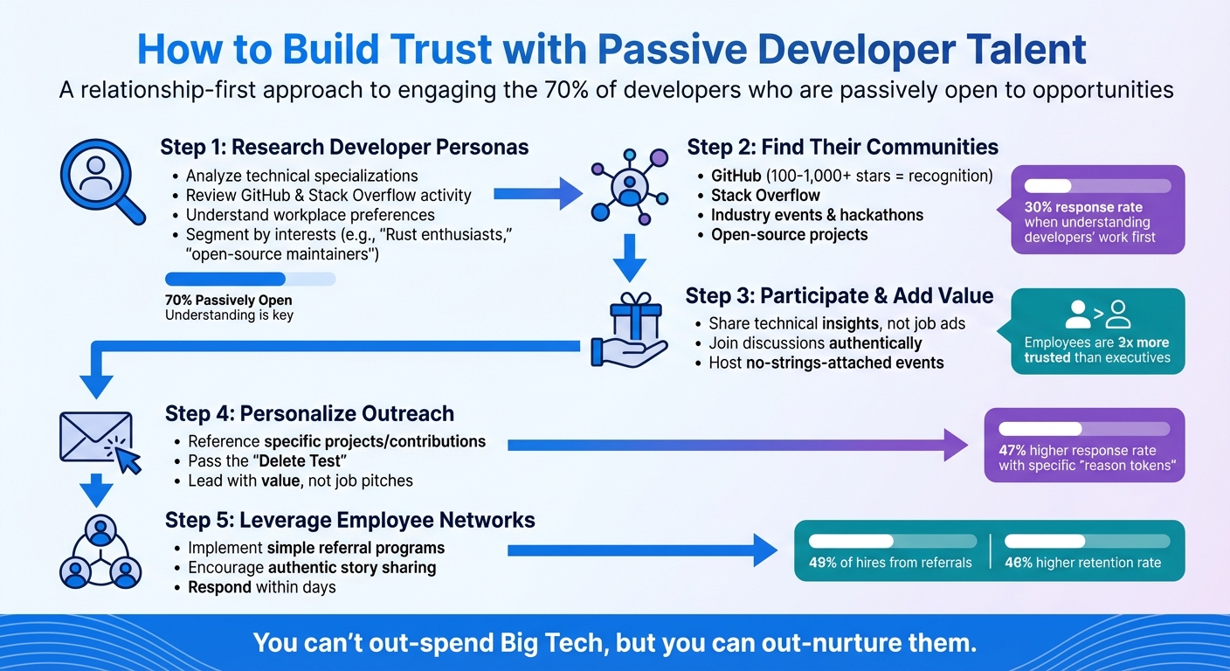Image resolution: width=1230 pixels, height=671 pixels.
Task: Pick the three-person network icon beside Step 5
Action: [101, 552]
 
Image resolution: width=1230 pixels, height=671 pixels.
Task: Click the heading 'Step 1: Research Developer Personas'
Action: [344, 147]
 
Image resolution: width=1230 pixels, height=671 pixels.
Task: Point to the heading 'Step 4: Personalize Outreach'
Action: [309, 412]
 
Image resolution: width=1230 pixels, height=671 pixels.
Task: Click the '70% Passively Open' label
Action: [228, 301]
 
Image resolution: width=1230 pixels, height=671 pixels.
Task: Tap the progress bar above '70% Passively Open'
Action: [250, 279]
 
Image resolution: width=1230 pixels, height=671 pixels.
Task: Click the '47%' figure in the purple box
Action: [1013, 452]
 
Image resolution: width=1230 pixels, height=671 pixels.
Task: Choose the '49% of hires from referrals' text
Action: [890, 563]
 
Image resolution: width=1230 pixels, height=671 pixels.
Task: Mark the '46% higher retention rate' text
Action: [1082, 563]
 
